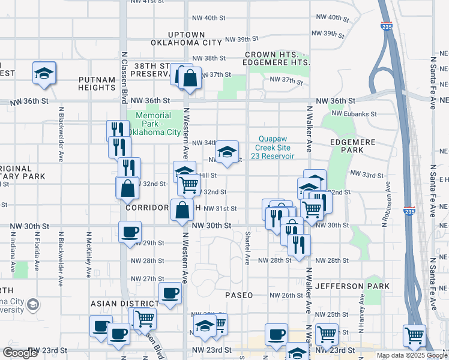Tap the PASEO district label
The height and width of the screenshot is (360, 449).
pyautogui.click(x=239, y=295)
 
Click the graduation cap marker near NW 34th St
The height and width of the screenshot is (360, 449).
pyautogui.click(x=227, y=151)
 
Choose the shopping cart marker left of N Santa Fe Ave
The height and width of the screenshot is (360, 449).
pyautogui.click(x=414, y=334)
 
